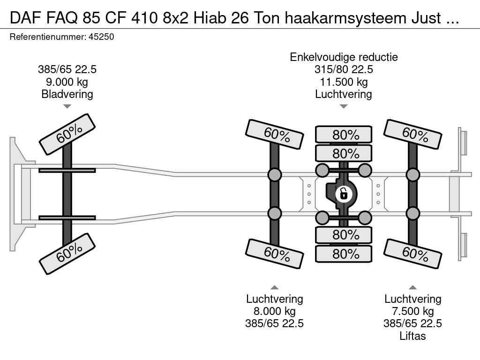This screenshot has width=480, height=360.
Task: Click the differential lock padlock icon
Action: click(x=344, y=194)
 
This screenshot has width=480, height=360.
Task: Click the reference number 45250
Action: click(x=101, y=37)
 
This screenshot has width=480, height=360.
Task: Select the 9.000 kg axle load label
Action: click(x=67, y=82)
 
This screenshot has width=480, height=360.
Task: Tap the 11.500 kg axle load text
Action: click(x=344, y=82)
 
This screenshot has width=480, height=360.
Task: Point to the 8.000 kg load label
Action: click(x=275, y=311)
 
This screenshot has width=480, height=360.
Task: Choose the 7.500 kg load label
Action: click(x=412, y=311)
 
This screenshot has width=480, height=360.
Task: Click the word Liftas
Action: click(x=412, y=336)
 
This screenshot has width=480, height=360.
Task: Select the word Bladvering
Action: click(x=67, y=94)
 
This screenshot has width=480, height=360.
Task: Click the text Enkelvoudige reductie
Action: click(x=344, y=57)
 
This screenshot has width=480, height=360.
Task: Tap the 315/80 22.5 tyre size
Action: click(x=344, y=69)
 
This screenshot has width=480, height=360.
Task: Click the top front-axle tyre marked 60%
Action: click(x=67, y=135)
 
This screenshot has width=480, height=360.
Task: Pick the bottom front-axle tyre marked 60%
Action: click(x=67, y=254)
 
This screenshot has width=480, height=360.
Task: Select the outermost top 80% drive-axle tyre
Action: click(x=344, y=134)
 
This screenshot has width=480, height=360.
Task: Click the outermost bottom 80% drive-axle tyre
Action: click(x=344, y=254)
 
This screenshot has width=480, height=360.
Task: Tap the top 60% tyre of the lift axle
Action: click(x=412, y=135)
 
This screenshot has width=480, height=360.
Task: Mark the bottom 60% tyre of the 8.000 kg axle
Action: click(x=275, y=254)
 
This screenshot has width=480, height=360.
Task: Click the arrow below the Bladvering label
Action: click(x=67, y=106)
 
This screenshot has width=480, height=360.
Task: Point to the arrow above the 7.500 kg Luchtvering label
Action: click(x=412, y=287)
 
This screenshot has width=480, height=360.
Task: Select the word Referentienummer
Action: click(x=48, y=37)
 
